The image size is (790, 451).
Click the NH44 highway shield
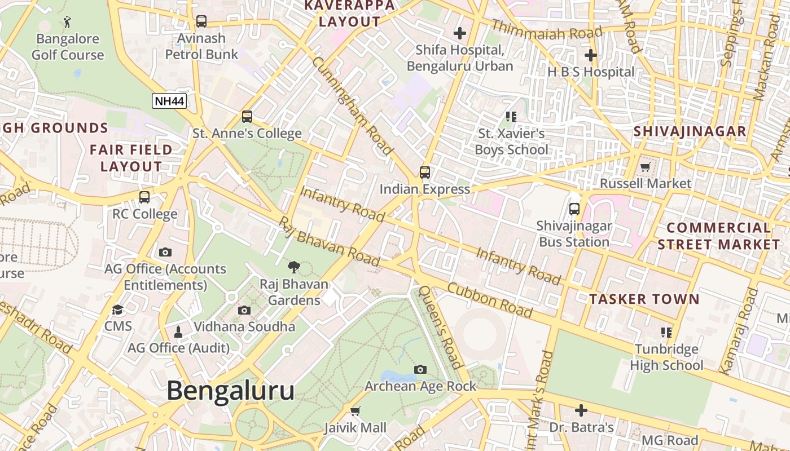coord(169,101)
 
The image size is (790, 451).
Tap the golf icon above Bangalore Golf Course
coord(68,22)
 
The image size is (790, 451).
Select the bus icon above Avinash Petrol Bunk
coord(201,21)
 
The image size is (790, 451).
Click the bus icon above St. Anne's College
coord(247,117)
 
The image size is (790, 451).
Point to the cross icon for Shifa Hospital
coord(460,33)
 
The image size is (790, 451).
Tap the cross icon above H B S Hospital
coord(591,55)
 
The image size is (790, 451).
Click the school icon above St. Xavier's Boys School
coord(511,117)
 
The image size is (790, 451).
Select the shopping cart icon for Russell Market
coord(646,167)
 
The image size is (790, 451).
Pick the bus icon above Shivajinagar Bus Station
coord(574,209)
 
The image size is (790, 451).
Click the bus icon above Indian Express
coord(425,173)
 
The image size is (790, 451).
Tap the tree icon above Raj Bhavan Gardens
coord(293,267)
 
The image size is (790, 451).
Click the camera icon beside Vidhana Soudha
coord(244,310)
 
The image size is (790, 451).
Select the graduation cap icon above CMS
coord(118,309)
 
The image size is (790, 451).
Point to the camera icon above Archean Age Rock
coord(420,369)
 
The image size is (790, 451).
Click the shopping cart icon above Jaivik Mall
coord(355,411)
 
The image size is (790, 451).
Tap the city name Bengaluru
coord(230,391)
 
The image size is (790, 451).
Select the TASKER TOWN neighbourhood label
coord(644,299)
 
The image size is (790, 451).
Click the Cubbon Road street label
coord(490,300)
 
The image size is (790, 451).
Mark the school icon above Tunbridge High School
coord(666,333)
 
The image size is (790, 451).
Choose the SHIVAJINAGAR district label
coord(690,132)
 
